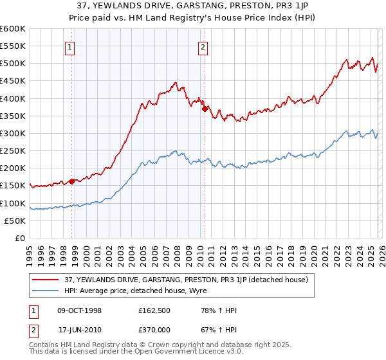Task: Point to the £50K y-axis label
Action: [x=15, y=221]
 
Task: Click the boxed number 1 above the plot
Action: [x=69, y=46]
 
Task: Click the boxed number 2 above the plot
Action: [x=203, y=46]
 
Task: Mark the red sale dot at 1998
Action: [x=72, y=181]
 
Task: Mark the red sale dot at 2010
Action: [x=205, y=109]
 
